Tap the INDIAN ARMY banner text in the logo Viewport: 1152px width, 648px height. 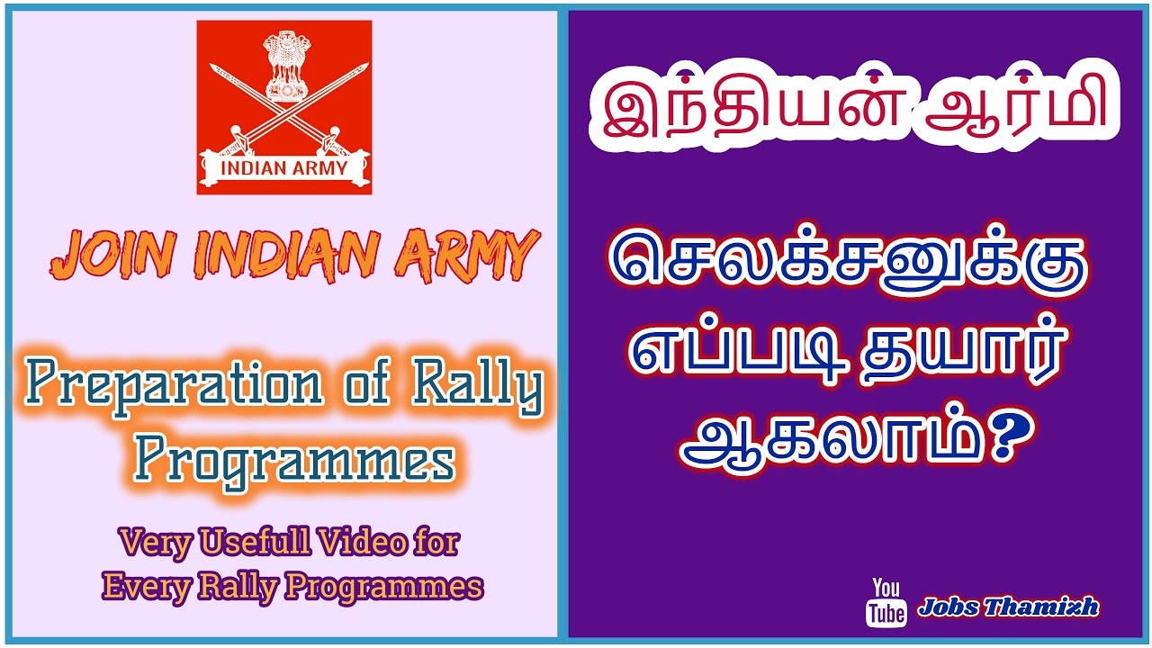[x=283, y=167]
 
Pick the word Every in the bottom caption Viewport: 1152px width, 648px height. [x=142, y=587]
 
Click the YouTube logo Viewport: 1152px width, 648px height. [x=886, y=601]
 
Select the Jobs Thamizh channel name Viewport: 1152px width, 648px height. [x=1008, y=607]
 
